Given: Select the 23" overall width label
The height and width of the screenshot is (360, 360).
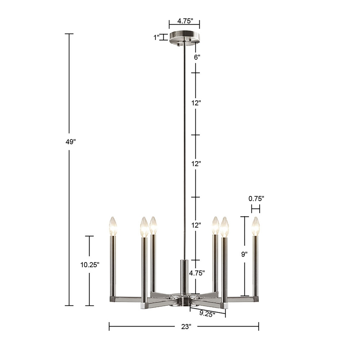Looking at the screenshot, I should [x=186, y=327].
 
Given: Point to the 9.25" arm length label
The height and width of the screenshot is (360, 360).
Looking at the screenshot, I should [x=207, y=313].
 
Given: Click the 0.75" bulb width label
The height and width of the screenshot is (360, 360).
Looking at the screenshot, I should [x=256, y=198].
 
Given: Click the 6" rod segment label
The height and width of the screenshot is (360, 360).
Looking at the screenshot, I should [x=196, y=57].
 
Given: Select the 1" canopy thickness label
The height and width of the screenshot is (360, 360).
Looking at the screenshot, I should [x=156, y=37].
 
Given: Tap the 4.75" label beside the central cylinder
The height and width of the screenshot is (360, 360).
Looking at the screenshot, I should [x=197, y=273].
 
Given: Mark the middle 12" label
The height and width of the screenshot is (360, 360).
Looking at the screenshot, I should [x=196, y=164].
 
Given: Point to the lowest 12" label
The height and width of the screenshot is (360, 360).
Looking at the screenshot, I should [x=196, y=225].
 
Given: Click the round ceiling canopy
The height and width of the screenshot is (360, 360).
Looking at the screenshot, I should [x=184, y=35].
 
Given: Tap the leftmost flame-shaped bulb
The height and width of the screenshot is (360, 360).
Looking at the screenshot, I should [x=113, y=226].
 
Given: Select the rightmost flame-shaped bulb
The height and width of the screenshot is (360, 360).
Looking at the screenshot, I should [x=255, y=226].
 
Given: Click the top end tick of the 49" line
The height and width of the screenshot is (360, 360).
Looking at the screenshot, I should [x=69, y=34].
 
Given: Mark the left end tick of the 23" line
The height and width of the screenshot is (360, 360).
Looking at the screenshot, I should [x=109, y=326].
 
